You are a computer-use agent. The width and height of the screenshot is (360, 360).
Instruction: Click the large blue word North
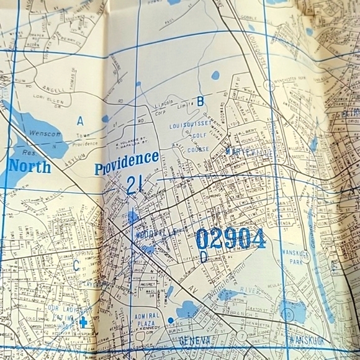click(x=29, y=166)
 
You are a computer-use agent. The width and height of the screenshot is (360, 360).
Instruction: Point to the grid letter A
click(x=80, y=120)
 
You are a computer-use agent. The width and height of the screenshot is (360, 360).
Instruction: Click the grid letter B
click(x=200, y=101)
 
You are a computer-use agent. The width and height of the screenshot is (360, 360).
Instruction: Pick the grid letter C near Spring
click(x=76, y=265)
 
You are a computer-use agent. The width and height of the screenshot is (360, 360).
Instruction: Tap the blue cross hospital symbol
click(x=83, y=322)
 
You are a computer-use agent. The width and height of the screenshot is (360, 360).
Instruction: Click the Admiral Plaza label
click(x=148, y=320)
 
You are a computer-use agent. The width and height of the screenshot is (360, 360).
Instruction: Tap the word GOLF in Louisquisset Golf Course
click(x=198, y=135)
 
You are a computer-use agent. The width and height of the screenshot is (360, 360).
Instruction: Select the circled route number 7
click(x=241, y=336)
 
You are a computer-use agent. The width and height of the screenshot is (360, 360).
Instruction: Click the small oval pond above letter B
click(x=215, y=76)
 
